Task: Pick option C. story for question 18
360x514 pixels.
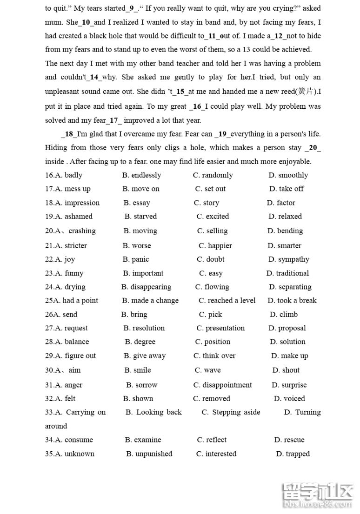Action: click(x=207, y=203)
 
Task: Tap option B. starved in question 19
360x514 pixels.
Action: click(x=140, y=217)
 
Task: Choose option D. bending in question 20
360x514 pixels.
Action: click(x=285, y=231)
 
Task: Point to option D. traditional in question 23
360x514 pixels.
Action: click(x=287, y=273)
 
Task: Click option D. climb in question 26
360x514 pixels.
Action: click(x=283, y=315)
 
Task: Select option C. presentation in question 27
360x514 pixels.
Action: click(x=220, y=328)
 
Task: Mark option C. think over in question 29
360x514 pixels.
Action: click(x=214, y=356)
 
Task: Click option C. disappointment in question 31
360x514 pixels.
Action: click(x=222, y=385)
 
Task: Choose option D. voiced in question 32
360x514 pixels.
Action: click(x=289, y=399)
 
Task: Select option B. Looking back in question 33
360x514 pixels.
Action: click(x=153, y=412)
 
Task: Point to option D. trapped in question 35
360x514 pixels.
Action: click(x=293, y=454)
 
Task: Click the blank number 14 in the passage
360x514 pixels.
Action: click(x=94, y=78)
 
